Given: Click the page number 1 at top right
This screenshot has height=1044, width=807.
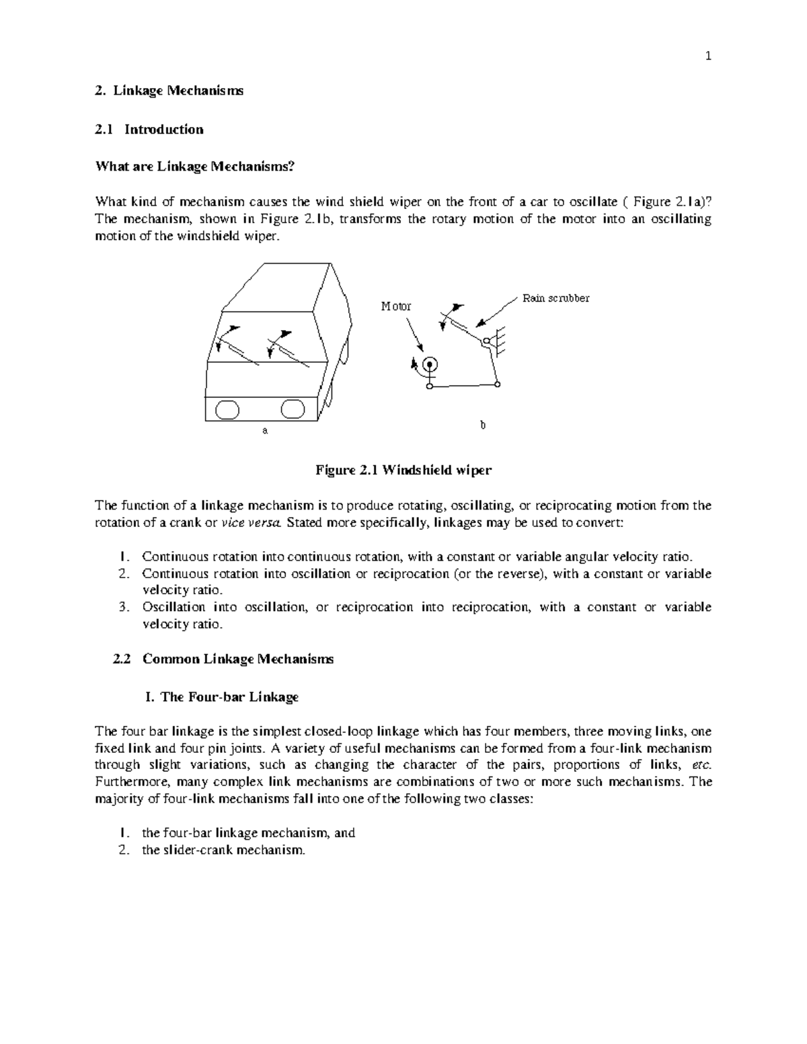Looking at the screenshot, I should [x=707, y=56].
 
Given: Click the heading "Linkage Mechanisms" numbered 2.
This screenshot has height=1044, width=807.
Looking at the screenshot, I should [x=178, y=91].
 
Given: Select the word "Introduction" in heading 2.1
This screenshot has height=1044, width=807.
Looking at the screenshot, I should [x=163, y=129].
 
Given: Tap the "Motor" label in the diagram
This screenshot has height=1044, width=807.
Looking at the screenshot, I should [x=396, y=307].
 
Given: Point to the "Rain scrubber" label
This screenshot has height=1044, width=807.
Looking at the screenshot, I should [x=556, y=298].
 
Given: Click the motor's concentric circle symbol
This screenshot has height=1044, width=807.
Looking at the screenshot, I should [x=430, y=364].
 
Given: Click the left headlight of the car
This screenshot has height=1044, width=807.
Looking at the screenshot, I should [x=227, y=409].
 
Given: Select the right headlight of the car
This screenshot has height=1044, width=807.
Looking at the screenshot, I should [x=293, y=409].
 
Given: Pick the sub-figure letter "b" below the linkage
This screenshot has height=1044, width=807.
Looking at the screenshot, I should [x=482, y=425].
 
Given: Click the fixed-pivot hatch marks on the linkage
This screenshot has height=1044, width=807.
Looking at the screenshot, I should [x=498, y=342].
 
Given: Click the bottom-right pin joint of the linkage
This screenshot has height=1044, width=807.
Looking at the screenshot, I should [x=497, y=385].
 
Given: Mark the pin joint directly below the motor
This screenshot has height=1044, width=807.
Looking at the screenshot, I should [x=429, y=387].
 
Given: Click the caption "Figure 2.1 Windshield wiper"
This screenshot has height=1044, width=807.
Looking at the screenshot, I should [x=403, y=471].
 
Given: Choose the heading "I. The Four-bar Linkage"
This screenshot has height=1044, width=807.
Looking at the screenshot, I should [x=221, y=697].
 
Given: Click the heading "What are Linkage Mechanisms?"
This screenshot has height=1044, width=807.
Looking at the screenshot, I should [x=196, y=167].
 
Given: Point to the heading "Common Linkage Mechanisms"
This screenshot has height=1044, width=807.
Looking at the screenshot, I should [x=238, y=659].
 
